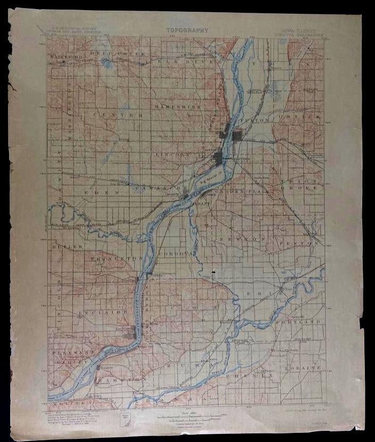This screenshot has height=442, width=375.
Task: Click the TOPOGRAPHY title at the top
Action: pyautogui.click(x=187, y=31)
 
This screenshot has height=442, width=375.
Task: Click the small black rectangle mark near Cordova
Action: pyautogui.click(x=213, y=273)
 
